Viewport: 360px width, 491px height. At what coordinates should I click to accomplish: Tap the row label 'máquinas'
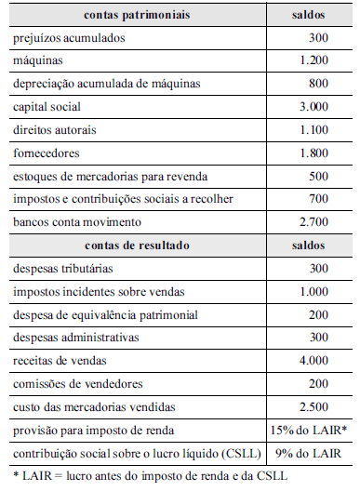(x=37, y=61)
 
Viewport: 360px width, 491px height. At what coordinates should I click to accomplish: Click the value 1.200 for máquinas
(x=313, y=61)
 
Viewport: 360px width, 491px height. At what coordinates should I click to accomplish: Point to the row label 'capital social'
(x=47, y=107)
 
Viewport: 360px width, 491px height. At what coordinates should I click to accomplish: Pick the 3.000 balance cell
(x=313, y=107)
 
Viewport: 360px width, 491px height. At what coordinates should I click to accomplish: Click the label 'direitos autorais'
(x=54, y=130)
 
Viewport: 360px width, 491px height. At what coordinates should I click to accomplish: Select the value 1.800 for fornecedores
(x=313, y=153)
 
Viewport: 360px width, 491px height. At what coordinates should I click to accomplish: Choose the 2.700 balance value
(x=313, y=222)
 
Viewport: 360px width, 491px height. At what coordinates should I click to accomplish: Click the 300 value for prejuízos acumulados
(x=319, y=38)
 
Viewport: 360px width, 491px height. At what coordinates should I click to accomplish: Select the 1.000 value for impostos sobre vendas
(x=313, y=291)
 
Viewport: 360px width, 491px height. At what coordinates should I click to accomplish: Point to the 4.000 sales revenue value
(x=313, y=361)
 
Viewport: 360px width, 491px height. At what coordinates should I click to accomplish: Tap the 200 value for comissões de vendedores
(x=319, y=384)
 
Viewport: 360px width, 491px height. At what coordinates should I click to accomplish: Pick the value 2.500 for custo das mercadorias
(x=313, y=407)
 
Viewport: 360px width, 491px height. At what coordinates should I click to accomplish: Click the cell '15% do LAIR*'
(x=308, y=431)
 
